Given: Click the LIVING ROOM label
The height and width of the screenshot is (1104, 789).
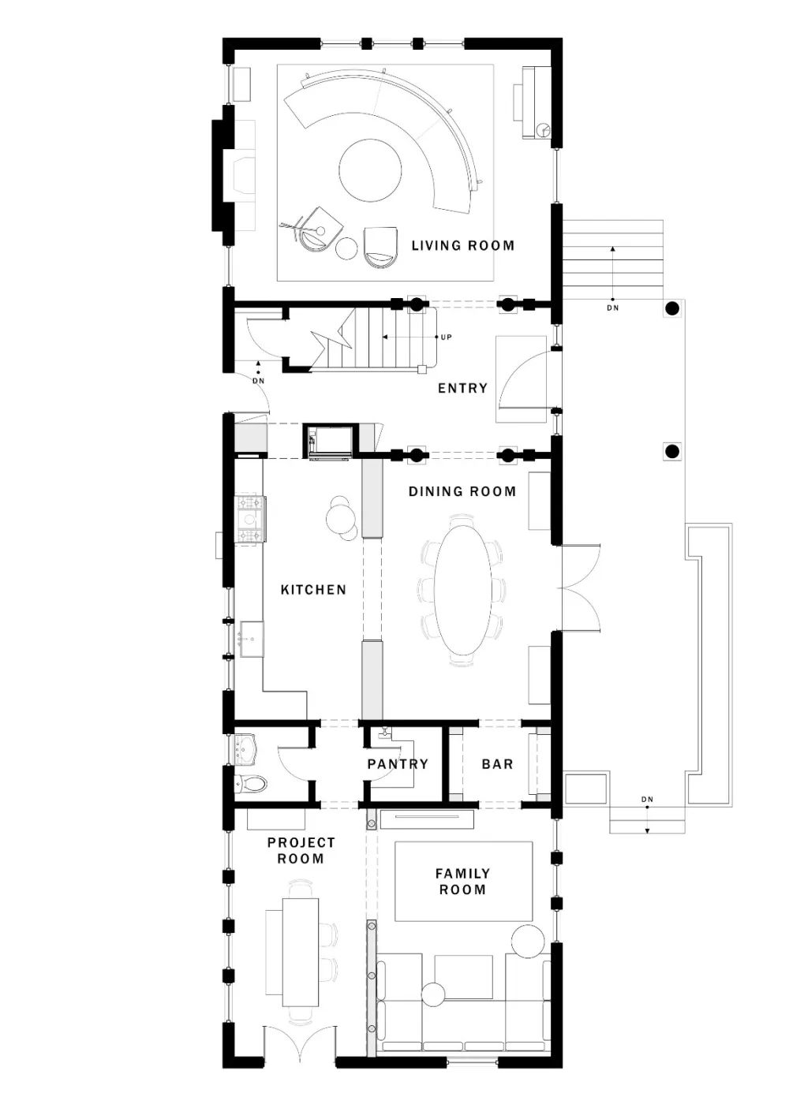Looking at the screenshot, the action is point(462,245).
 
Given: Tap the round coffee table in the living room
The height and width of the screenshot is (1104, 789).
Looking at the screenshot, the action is point(370,170).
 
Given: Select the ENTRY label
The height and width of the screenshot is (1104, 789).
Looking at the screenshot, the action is point(462,388).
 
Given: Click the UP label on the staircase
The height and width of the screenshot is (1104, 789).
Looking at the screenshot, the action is point(446,338).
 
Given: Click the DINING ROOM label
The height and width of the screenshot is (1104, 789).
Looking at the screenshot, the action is point(462,491).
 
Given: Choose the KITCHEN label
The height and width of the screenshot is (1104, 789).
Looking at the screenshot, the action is point(313,590).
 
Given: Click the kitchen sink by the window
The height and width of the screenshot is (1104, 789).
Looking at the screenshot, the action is point(251,640).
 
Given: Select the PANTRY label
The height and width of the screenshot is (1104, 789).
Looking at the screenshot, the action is point(398,764).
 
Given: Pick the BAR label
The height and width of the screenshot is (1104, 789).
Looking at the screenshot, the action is point(497,764).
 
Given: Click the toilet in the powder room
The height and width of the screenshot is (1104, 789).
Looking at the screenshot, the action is point(250,783).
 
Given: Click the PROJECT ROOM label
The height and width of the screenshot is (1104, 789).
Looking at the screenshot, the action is point(301,850).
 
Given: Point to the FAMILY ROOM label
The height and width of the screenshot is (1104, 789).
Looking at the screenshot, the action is point(462,882).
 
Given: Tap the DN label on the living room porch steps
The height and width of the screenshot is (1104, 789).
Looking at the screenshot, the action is point(612,308).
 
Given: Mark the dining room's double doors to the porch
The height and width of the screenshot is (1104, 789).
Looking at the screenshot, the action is point(581,587).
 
